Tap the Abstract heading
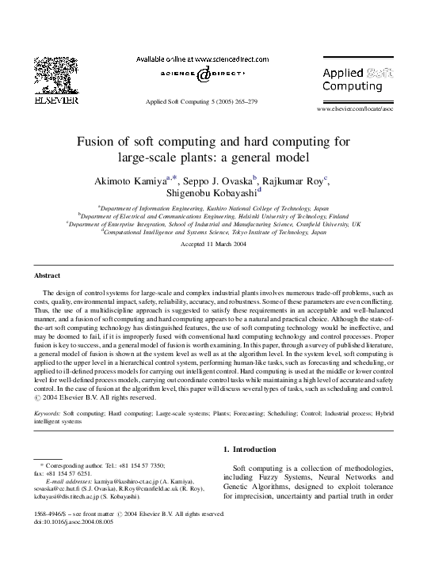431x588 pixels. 48,275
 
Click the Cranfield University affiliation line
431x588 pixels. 215,224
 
